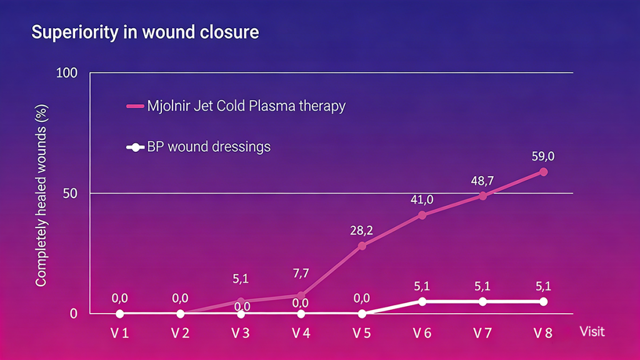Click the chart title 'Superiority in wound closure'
145,32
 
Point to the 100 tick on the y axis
66,73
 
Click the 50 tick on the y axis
70,193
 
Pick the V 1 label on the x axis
119,333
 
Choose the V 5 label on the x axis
362,333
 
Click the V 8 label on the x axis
543,333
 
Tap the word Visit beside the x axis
592,331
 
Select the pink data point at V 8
543,172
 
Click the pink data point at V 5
362,246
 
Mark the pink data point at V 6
422,215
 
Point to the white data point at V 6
422,301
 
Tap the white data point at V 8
543,301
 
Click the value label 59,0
543,155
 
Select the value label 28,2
362,229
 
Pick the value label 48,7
482,181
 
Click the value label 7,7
301,273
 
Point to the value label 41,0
422,199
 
